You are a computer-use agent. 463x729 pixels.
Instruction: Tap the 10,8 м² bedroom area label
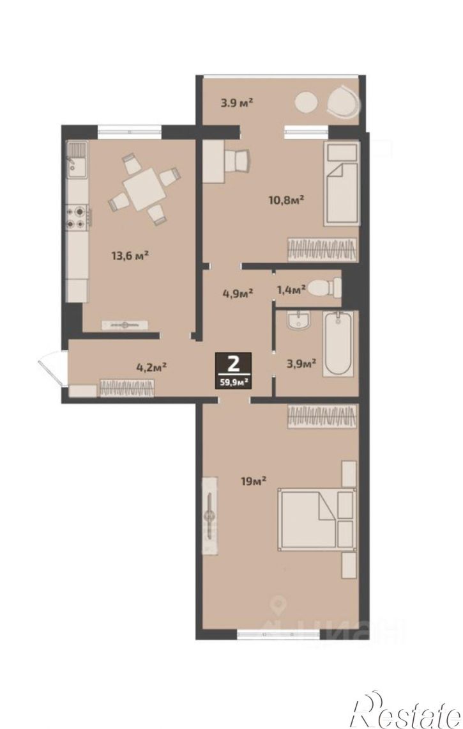(x=286, y=200)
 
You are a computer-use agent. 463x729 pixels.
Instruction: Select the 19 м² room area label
(x=253, y=481)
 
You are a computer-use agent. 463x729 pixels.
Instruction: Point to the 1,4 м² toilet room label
(x=291, y=290)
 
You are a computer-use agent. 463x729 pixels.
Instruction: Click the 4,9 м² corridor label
(x=238, y=293)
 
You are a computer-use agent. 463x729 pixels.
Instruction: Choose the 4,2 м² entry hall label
(x=151, y=367)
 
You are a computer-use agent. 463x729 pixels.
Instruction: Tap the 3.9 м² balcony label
(x=236, y=102)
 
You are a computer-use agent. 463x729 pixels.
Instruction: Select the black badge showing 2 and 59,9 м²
(x=233, y=370)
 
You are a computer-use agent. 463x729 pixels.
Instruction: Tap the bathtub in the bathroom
(x=338, y=343)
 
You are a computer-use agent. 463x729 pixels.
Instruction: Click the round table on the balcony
(x=307, y=102)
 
